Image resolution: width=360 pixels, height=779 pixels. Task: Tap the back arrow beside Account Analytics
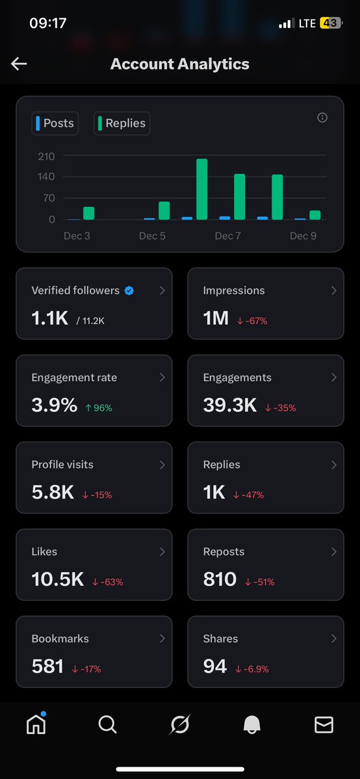coord(19,63)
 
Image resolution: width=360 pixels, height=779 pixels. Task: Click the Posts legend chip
coord(55,123)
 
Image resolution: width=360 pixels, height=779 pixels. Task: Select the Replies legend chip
coord(122,123)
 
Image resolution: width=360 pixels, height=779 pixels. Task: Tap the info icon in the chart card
coord(322,118)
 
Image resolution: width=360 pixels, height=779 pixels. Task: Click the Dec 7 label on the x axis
coord(228,236)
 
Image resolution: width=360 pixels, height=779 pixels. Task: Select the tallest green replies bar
coord(201,189)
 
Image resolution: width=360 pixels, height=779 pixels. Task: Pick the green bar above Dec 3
coord(89,213)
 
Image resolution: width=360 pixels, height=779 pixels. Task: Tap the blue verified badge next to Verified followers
coord(129,290)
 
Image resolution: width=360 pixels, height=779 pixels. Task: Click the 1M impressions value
coord(216,318)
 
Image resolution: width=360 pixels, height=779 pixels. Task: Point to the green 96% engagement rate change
coord(99,408)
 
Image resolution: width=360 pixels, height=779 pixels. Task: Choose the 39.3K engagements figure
coord(230,405)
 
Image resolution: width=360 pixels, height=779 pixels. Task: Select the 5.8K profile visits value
coord(53,492)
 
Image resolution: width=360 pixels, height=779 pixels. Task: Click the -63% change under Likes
coord(107,582)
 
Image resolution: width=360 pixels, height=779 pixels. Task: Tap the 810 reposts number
coord(220,580)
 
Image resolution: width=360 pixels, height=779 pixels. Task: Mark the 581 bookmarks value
coord(47,667)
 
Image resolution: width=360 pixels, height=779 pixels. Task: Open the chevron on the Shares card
coord(334,639)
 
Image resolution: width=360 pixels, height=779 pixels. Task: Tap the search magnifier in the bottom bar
coord(108,724)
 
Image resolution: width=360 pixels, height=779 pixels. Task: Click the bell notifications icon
coord(251,725)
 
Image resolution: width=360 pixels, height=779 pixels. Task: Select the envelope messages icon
coord(324,724)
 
